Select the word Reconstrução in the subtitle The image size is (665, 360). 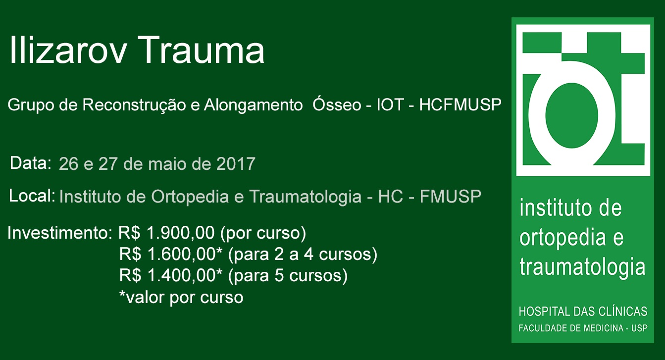click(x=134, y=105)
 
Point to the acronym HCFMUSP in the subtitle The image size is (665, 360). click(x=460, y=105)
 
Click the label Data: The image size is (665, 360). click(x=31, y=163)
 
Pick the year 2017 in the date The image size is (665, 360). click(x=236, y=163)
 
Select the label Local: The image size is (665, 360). click(x=32, y=196)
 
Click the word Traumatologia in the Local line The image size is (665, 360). click(x=305, y=197)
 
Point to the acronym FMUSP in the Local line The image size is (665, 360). click(x=451, y=196)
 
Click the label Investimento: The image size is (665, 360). click(x=60, y=233)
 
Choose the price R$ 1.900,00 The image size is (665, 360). click(x=166, y=233)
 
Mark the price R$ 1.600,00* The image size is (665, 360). click(x=171, y=255)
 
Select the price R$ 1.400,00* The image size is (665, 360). click(x=171, y=276)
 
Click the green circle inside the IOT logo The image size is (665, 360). click(x=572, y=115)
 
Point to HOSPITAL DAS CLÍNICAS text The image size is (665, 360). click(x=583, y=311)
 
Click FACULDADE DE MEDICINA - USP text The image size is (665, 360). click(x=583, y=328)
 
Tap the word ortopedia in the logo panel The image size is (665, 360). click(x=563, y=238)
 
